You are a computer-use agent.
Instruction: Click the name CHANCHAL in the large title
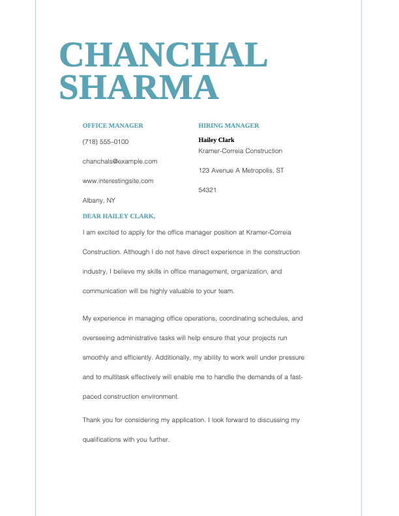164,55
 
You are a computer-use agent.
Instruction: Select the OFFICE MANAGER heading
113,126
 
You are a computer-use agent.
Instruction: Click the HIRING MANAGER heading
229,126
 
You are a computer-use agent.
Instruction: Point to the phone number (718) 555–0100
106,142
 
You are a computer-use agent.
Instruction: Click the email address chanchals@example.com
120,162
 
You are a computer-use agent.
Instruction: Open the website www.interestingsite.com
118,181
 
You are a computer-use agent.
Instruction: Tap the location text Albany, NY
99,201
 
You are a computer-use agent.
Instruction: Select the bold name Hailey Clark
216,140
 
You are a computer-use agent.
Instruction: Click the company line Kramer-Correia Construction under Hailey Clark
241,151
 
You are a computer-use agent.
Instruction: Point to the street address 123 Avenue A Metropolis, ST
241,171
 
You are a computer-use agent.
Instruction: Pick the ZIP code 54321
207,190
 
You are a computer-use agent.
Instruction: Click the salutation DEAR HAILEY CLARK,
119,216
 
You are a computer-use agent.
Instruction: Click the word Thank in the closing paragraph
92,420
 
